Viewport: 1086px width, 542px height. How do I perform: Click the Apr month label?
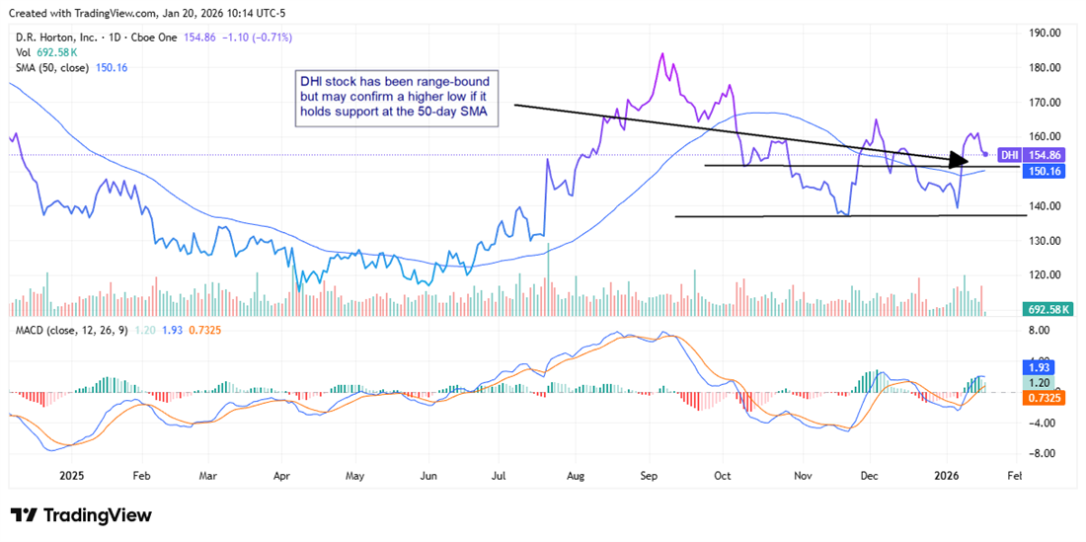(x=280, y=474)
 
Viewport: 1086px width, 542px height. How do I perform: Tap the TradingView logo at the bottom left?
(x=81, y=515)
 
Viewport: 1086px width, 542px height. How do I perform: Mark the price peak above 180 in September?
(x=661, y=53)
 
